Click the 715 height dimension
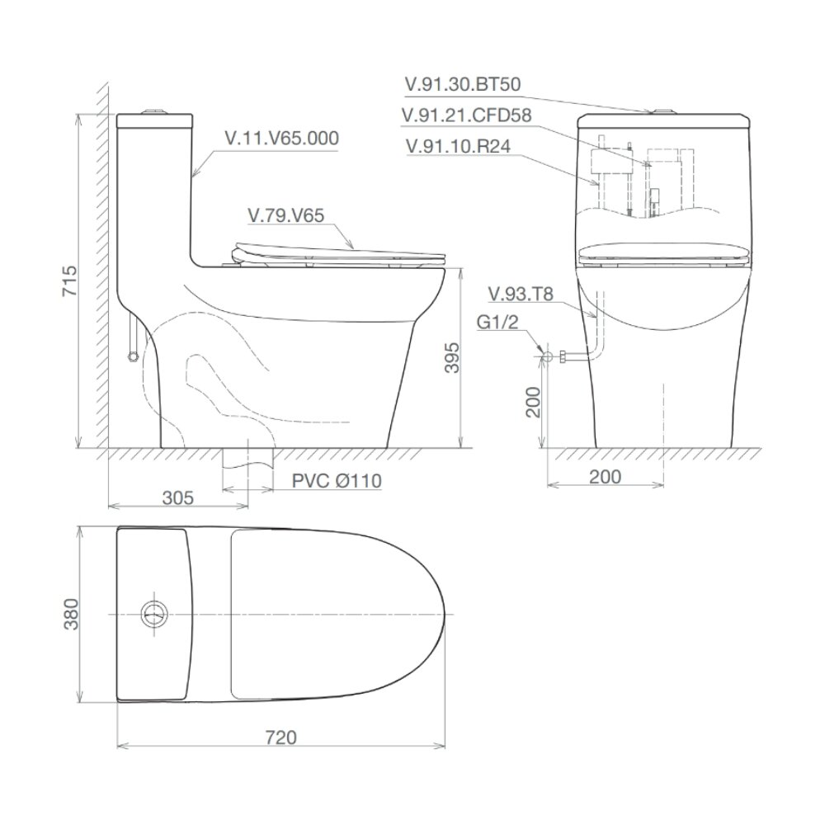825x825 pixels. [x=70, y=281]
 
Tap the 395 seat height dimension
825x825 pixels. [x=452, y=358]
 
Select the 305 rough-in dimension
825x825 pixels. [x=178, y=497]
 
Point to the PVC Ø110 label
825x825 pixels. [x=337, y=481]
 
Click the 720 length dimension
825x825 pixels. [x=281, y=738]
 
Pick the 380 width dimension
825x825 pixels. [x=70, y=614]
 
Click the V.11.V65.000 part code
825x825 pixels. [x=281, y=139]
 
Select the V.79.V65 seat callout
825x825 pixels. [x=285, y=215]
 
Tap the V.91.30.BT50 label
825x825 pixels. [x=463, y=85]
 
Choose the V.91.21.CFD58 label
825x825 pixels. [x=466, y=115]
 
